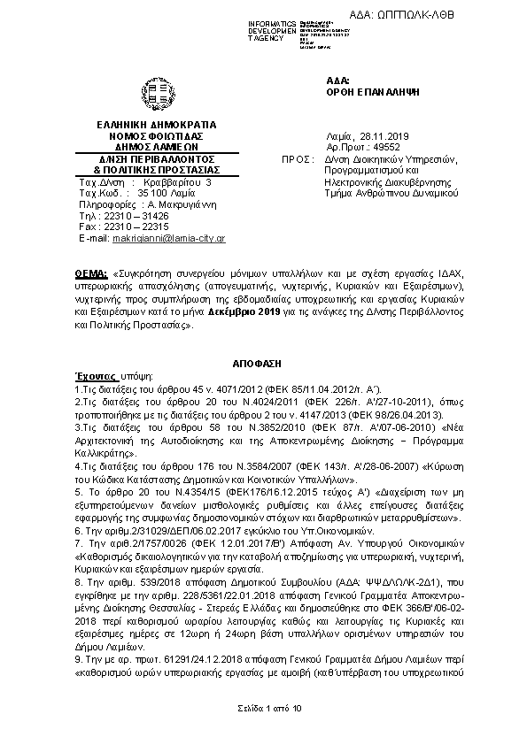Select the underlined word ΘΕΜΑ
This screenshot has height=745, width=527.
[89, 265]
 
